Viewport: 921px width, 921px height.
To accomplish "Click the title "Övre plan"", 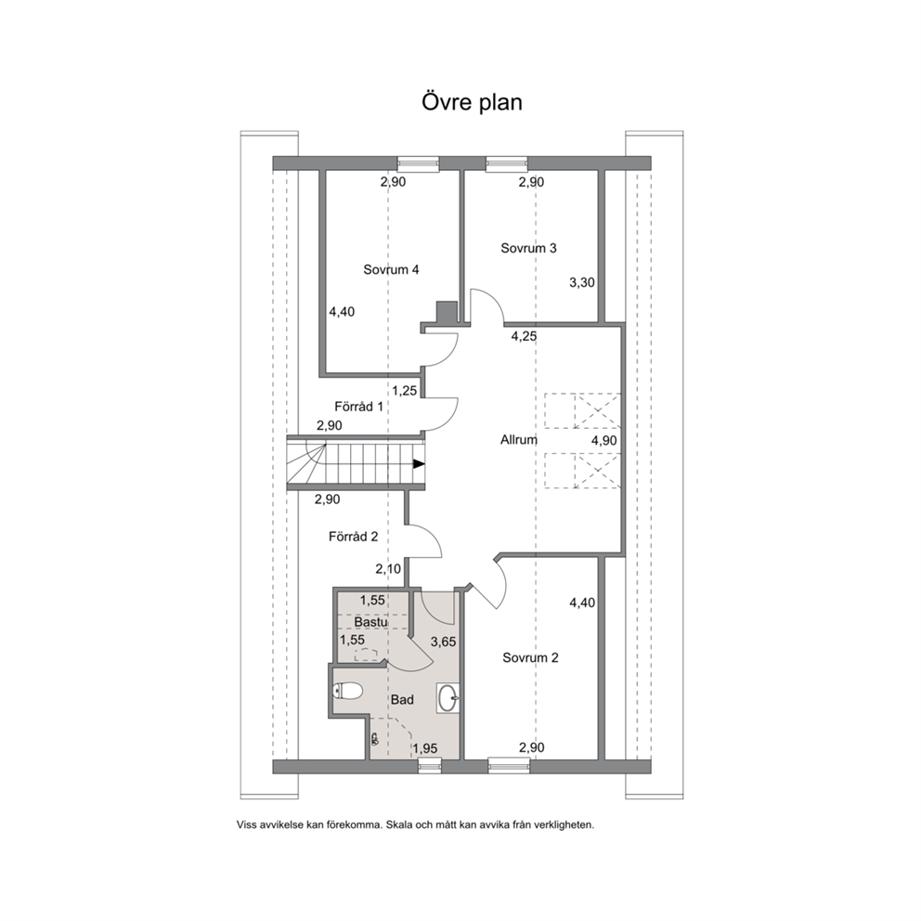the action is click(x=472, y=102).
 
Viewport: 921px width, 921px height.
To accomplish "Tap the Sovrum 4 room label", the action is click(x=391, y=269).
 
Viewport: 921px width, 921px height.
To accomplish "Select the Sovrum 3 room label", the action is click(x=528, y=248).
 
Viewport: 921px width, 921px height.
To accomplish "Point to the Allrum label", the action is click(x=519, y=439).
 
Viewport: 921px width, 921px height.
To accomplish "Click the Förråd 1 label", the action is click(x=359, y=407).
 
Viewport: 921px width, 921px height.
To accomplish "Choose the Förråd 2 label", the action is click(x=353, y=537).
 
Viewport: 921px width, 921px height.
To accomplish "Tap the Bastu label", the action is click(x=370, y=621).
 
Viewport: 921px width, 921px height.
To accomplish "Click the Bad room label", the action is click(x=402, y=699).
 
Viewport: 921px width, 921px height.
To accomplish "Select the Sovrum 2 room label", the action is click(x=530, y=658).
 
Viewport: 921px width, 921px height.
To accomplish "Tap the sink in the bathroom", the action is click(x=448, y=698).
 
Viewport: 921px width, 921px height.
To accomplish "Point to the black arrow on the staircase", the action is click(x=419, y=464).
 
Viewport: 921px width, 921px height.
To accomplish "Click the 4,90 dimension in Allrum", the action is click(x=603, y=440).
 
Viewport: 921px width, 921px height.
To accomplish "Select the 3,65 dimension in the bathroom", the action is click(x=444, y=642).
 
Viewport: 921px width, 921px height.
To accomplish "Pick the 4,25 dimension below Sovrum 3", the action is click(x=524, y=337).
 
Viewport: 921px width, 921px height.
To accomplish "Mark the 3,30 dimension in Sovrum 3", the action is click(x=582, y=282).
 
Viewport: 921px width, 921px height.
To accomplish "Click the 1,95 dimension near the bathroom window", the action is click(x=424, y=748).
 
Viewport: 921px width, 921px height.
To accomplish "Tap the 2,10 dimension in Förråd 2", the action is click(x=388, y=568).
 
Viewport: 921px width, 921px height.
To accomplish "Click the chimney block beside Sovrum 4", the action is click(x=447, y=312).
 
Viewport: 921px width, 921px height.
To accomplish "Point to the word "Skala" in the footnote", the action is click(x=399, y=824).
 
